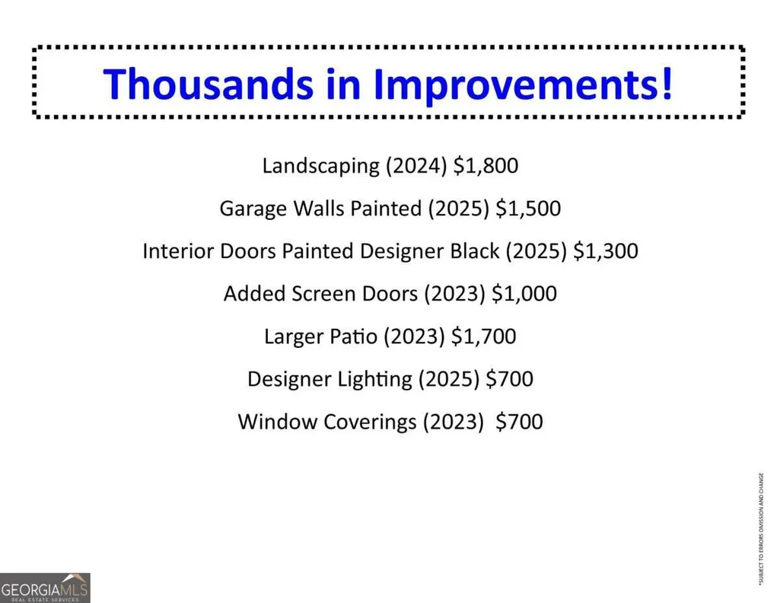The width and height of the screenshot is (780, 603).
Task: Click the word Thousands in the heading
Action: click(x=208, y=84)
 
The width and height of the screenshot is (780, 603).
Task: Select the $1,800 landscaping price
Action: click(x=486, y=166)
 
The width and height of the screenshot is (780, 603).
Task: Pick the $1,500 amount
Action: click(x=528, y=209)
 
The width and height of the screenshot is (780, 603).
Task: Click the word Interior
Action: click(x=178, y=250)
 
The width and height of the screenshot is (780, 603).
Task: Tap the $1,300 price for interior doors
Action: click(x=606, y=250)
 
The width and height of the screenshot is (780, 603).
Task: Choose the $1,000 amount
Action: click(x=524, y=294)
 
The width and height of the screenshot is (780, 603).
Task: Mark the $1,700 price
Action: click(x=483, y=337)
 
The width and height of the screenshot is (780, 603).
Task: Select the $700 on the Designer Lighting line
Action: click(x=509, y=379)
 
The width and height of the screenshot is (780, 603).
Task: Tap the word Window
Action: click(x=278, y=422)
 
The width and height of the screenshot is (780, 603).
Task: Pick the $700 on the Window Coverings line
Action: click(x=519, y=422)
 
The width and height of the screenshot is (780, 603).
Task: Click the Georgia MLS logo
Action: click(x=45, y=588)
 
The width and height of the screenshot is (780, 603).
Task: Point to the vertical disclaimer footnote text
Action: click(x=761, y=529)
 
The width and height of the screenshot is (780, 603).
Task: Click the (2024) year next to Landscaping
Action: click(x=417, y=166)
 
